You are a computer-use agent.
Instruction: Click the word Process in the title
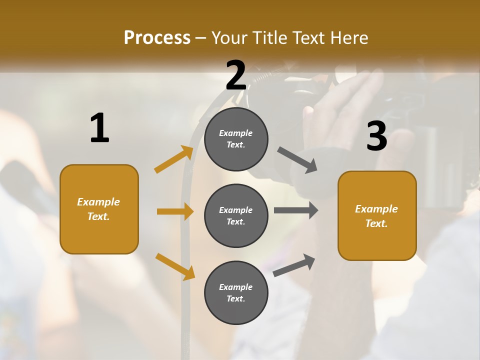[x=157, y=37]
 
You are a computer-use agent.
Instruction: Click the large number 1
[x=99, y=128]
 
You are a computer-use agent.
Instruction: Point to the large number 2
[x=236, y=75]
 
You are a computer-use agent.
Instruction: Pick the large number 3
[x=376, y=136]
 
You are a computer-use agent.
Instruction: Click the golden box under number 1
[x=99, y=209]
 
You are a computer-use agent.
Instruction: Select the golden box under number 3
[x=377, y=216]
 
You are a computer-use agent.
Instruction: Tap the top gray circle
[x=236, y=139]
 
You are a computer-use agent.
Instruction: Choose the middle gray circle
[x=236, y=215]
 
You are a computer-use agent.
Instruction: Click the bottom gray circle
[x=236, y=292]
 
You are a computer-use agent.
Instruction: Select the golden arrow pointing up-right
[x=174, y=159]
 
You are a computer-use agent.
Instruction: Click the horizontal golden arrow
[x=175, y=211]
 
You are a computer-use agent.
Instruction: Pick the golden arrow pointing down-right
[x=175, y=266]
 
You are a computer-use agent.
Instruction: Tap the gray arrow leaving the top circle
[x=297, y=160]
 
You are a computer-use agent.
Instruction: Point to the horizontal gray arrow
[x=295, y=210]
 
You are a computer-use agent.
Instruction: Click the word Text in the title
[x=309, y=37]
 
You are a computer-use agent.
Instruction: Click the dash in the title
[x=201, y=38]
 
